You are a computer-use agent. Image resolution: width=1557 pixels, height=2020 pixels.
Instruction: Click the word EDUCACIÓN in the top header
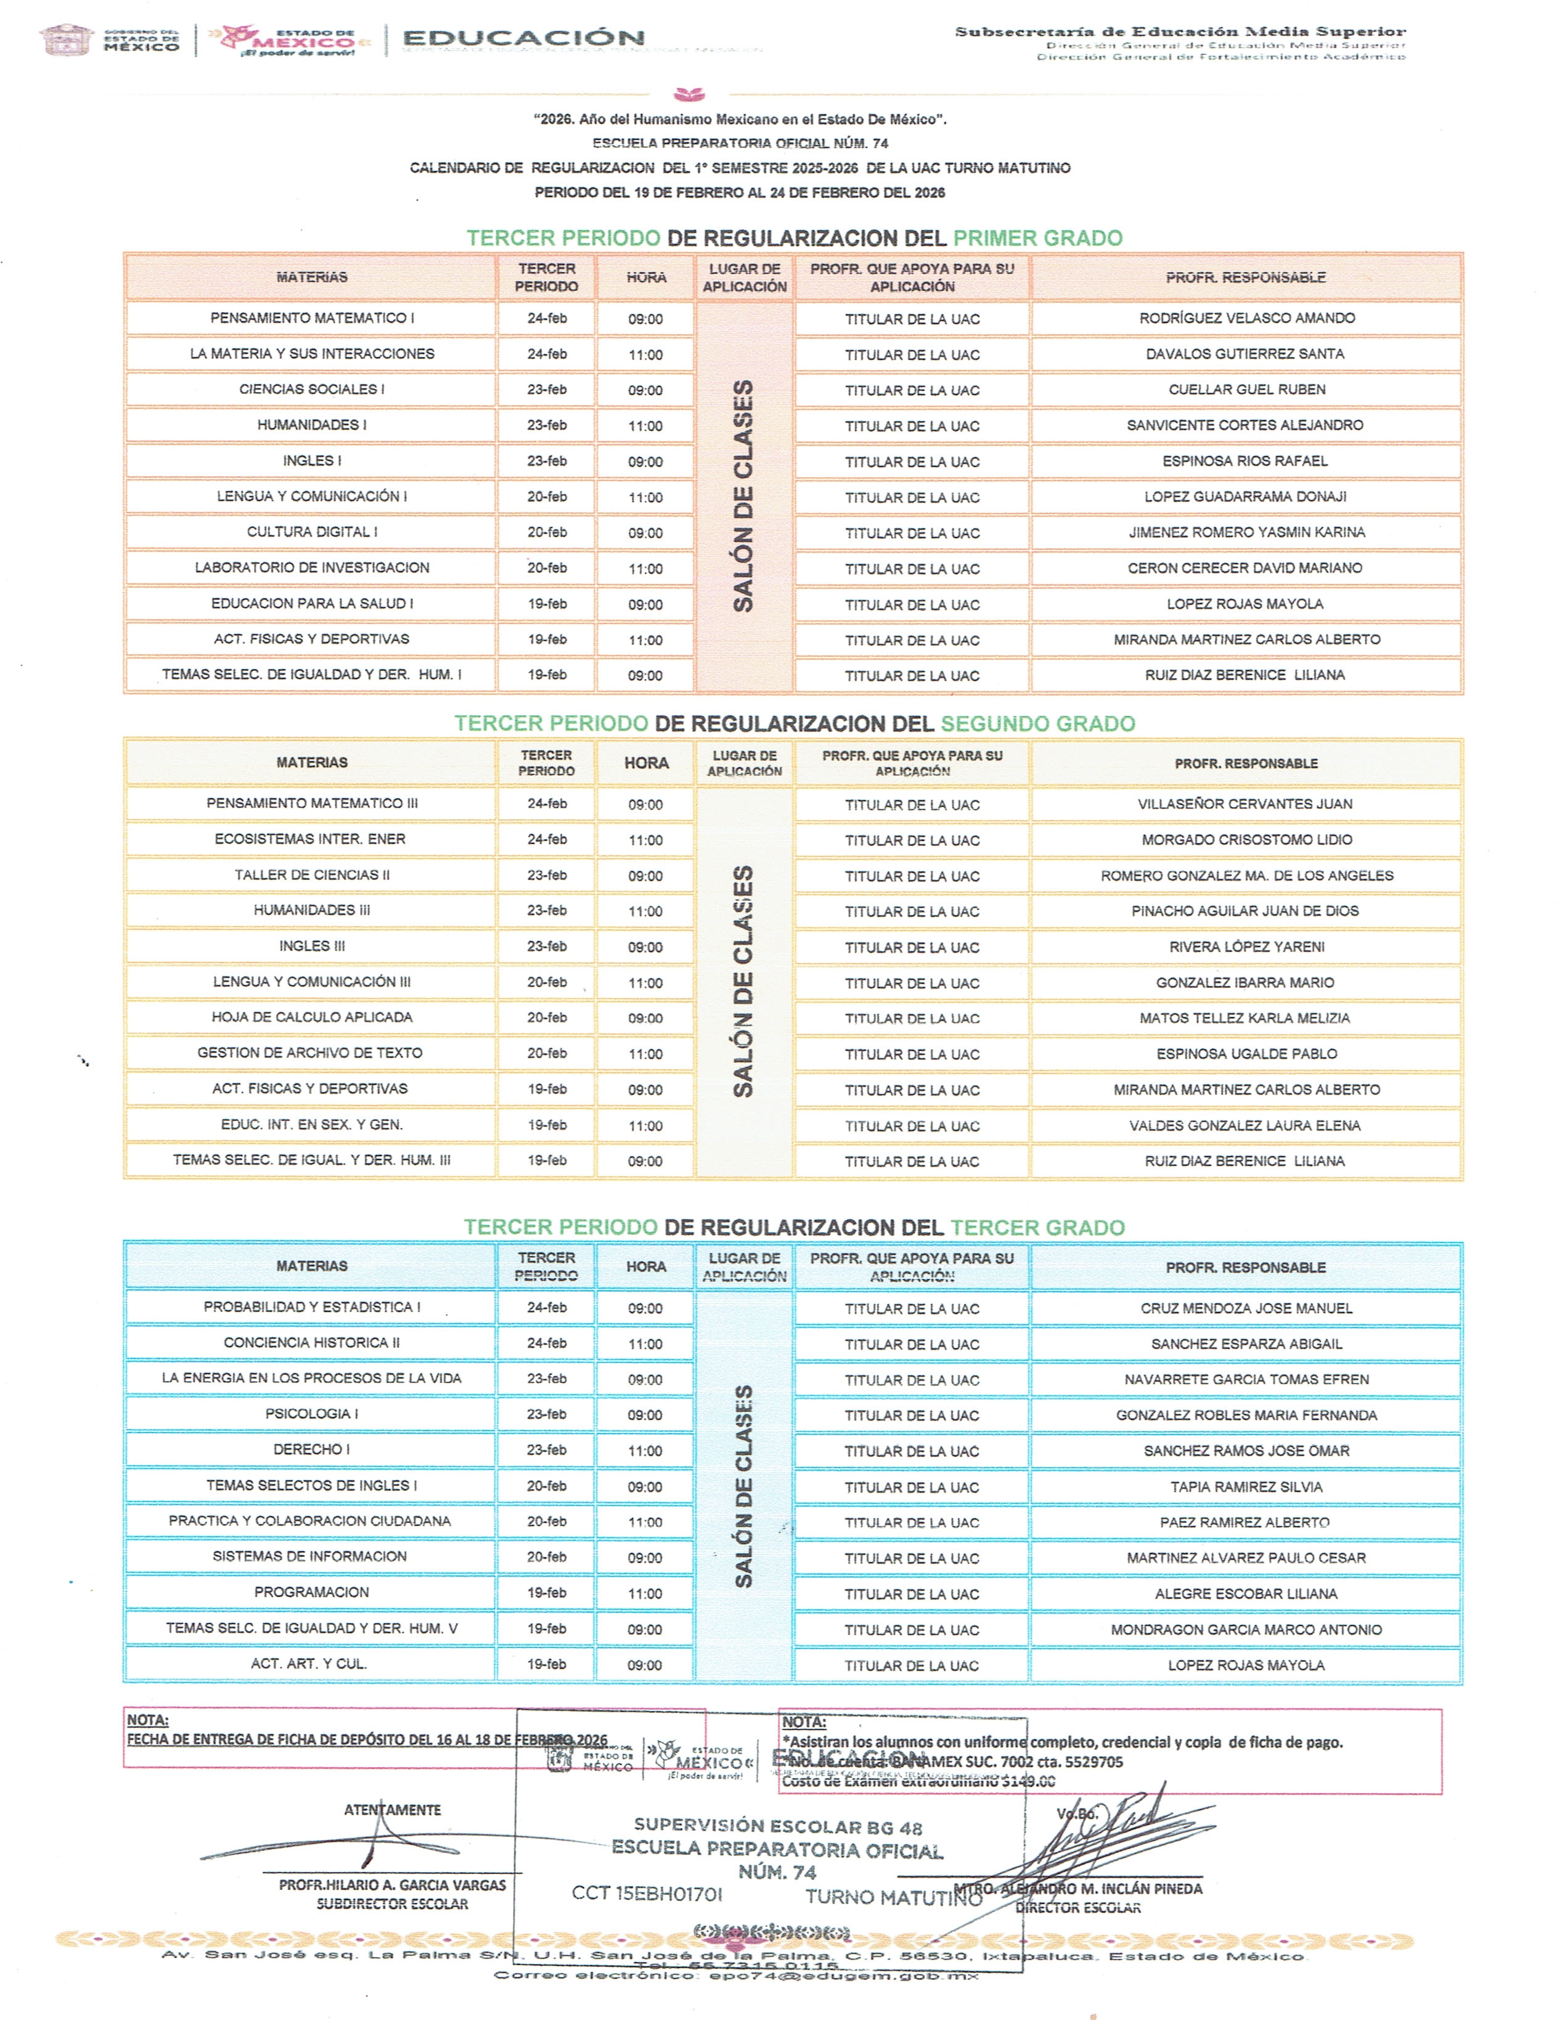[x=523, y=38]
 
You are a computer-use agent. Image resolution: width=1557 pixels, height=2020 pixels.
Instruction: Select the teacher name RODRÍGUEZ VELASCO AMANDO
[x=1246, y=318]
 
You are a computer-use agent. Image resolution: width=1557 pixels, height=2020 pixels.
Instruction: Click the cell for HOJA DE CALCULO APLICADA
[x=312, y=1017]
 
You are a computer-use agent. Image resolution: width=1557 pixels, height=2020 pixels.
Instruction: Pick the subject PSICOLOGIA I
[x=312, y=1414]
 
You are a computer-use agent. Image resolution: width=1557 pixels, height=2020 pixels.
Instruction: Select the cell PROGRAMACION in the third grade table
[x=312, y=1592]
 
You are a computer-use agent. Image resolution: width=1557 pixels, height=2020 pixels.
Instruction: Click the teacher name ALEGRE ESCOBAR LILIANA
[x=1246, y=1593]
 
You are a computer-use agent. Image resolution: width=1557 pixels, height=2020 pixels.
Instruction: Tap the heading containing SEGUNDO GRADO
[x=794, y=723]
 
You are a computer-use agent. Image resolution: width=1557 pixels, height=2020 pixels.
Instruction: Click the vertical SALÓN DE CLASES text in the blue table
[x=743, y=1486]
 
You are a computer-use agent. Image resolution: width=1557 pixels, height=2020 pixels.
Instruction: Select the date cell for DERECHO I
[x=546, y=1450]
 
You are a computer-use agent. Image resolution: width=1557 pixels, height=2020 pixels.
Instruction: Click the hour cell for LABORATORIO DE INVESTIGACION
[x=645, y=569]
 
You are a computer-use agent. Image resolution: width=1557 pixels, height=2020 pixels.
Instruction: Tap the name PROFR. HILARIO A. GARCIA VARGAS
[x=392, y=1885]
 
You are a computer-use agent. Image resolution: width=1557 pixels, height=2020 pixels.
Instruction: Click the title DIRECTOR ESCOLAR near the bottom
[x=1078, y=1908]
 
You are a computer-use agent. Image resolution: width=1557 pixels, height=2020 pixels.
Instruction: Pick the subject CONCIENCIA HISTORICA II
[x=312, y=1343]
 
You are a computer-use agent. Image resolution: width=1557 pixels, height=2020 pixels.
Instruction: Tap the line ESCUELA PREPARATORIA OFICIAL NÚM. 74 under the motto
[x=740, y=143]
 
